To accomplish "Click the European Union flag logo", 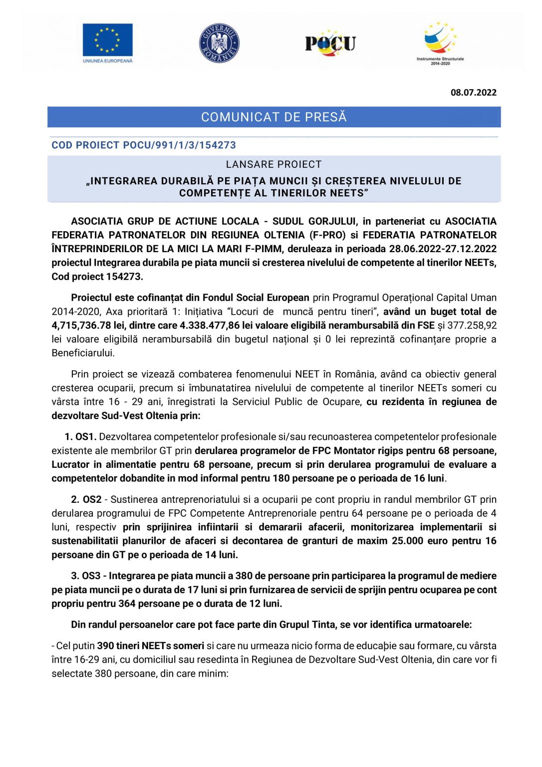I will (x=107, y=39).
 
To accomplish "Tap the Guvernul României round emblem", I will (x=219, y=43).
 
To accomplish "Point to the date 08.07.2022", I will (x=473, y=92).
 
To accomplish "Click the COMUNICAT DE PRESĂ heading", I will (x=273, y=117).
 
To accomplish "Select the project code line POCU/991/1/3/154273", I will (x=144, y=145).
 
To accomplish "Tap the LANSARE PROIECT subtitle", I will (x=273, y=164).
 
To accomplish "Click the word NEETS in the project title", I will (x=346, y=193).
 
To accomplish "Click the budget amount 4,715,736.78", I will (x=84, y=326).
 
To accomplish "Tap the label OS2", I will (x=92, y=499).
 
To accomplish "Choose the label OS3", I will (x=92, y=576).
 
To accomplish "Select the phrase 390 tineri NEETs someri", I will (x=150, y=646).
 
